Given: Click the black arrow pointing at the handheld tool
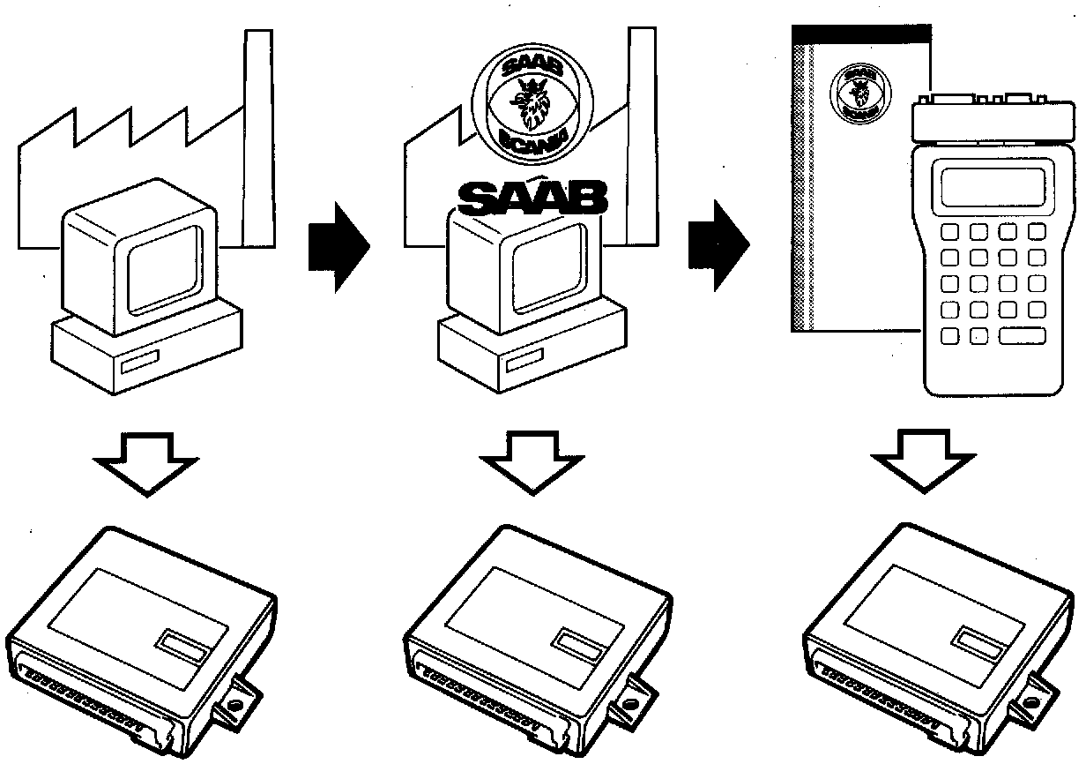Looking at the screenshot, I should coord(717,244).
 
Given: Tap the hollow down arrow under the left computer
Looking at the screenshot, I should coord(145,467).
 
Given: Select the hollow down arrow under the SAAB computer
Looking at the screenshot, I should coord(527,467).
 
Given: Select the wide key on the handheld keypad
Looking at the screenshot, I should coord(1023,335).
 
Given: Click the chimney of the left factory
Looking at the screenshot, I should coord(257,132).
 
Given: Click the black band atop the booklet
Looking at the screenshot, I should coord(861,34).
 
